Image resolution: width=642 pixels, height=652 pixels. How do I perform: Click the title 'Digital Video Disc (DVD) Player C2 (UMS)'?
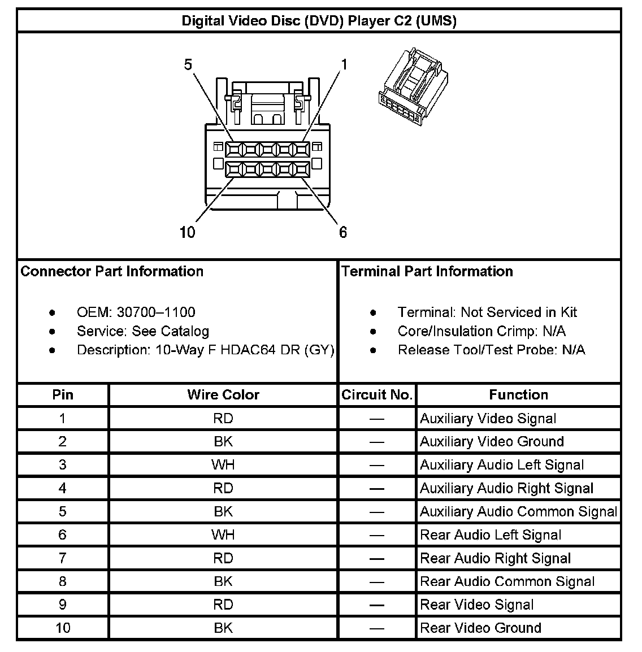[x=319, y=21]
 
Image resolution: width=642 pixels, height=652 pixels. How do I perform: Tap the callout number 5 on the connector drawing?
[x=188, y=65]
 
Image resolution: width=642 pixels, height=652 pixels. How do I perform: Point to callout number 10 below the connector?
[x=187, y=232]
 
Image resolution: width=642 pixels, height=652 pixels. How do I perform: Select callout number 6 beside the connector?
[x=343, y=232]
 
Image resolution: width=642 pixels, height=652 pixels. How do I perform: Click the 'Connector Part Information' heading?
[x=112, y=271]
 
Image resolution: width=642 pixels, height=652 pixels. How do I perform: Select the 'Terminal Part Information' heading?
[x=427, y=271]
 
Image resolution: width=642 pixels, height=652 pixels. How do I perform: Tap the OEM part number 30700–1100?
[x=155, y=312]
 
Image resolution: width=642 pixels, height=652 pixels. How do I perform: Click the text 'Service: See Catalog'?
[x=142, y=331]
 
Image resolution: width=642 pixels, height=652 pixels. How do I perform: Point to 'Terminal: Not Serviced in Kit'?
[x=487, y=312]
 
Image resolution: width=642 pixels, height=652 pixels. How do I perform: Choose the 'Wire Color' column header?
[x=223, y=395]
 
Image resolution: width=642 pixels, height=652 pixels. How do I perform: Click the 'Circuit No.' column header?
[x=377, y=395]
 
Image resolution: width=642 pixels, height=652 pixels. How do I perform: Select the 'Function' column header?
[x=518, y=395]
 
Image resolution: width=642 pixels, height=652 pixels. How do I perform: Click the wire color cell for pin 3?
[x=223, y=465]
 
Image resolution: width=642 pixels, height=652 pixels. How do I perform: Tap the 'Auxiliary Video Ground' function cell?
[x=492, y=442]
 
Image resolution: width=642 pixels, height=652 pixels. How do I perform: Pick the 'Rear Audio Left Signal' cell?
[x=491, y=535]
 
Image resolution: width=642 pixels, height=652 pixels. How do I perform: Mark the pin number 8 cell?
[x=62, y=581]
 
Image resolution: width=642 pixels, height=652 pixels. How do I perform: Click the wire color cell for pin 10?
[x=223, y=628]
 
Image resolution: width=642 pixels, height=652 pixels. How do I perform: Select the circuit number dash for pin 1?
[x=377, y=419]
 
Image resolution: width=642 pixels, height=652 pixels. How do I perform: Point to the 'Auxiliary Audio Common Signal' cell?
[x=518, y=512]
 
